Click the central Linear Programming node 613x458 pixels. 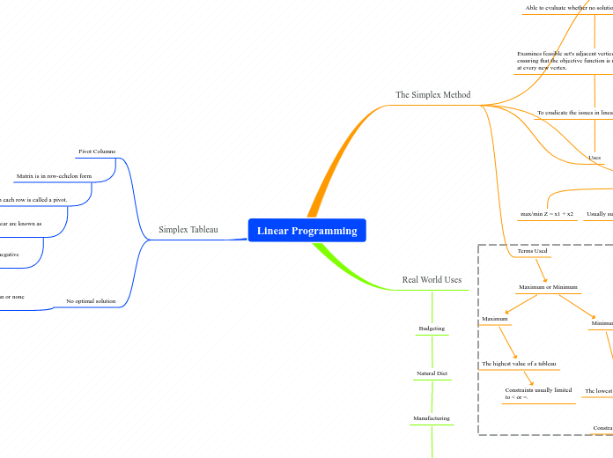pos(306,231)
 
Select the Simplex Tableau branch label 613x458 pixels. pos(188,230)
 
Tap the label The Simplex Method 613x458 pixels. pos(432,95)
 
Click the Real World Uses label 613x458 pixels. pos(432,280)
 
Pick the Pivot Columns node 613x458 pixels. pos(97,151)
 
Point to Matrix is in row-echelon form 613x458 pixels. pos(54,176)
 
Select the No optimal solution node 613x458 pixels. pos(91,301)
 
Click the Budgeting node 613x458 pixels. pos(432,329)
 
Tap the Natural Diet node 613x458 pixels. pos(432,373)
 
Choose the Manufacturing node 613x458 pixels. pos(432,418)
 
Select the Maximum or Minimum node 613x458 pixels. pos(547,288)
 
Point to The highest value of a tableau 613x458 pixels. pos(519,364)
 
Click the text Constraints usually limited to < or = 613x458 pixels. pos(538,393)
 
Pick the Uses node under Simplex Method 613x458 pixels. pos(595,158)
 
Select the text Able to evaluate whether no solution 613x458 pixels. pos(568,8)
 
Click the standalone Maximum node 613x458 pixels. pos(495,318)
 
